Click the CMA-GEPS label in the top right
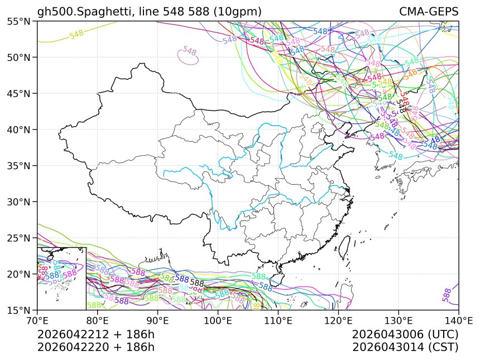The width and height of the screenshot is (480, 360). (x=429, y=12)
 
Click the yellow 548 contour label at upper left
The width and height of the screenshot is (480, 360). (x=76, y=34)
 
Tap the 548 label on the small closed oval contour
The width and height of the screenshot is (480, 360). (x=190, y=51)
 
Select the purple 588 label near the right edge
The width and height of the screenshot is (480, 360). (x=447, y=295)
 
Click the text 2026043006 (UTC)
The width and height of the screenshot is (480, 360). (x=405, y=334)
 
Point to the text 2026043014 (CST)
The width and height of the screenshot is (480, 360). (x=405, y=347)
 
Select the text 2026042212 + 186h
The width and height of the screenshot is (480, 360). (x=95, y=334)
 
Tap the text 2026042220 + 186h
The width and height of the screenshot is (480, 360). (x=95, y=347)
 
